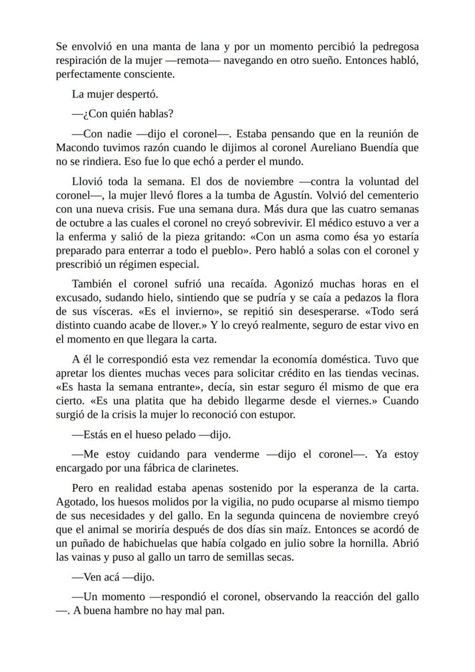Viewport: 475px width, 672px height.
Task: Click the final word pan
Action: tap(215, 611)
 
